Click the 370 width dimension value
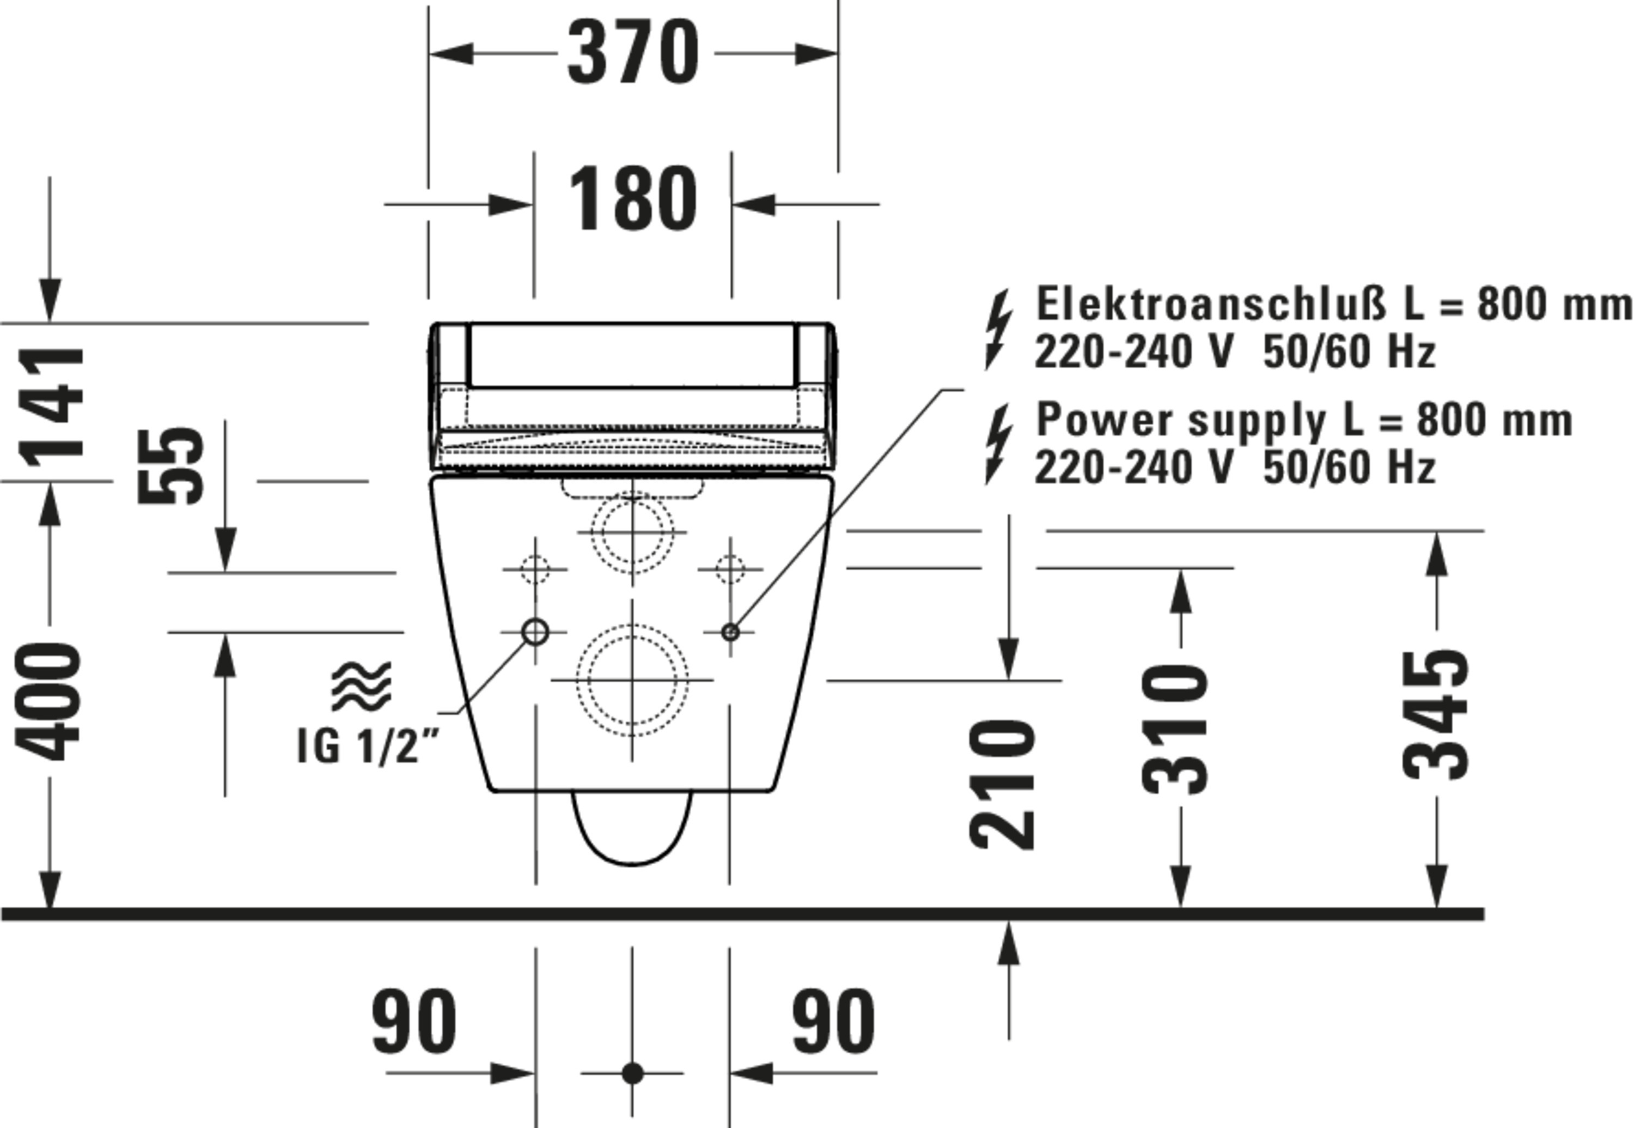[x=633, y=53]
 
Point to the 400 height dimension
[x=48, y=702]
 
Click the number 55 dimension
[x=171, y=466]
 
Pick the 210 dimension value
[x=1002, y=785]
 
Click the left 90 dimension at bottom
[x=414, y=1021]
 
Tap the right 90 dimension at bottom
[x=833, y=1021]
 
